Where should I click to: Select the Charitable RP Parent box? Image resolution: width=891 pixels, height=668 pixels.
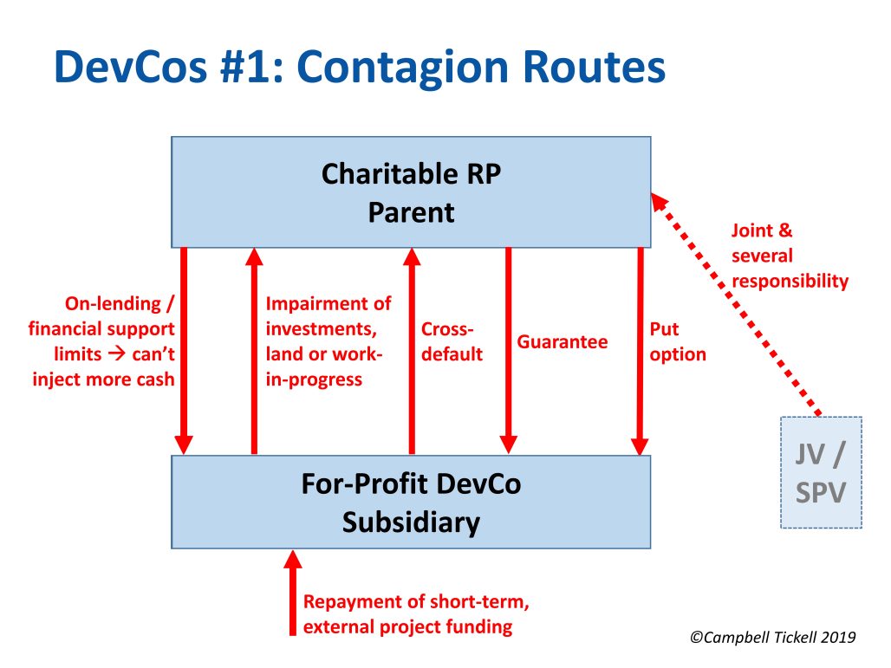(x=411, y=192)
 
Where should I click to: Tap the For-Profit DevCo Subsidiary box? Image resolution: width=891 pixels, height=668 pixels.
(x=411, y=503)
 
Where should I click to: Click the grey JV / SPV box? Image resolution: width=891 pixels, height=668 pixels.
(x=821, y=473)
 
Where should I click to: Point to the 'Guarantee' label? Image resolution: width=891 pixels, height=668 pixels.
(x=563, y=342)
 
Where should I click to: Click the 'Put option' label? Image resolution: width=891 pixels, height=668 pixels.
(x=678, y=342)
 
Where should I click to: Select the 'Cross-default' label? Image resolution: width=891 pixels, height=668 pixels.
(x=452, y=342)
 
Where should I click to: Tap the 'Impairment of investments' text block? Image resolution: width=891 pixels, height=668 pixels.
(x=328, y=341)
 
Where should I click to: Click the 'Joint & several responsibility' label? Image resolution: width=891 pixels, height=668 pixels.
(x=789, y=256)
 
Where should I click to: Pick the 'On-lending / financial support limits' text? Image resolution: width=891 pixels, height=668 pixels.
(x=102, y=341)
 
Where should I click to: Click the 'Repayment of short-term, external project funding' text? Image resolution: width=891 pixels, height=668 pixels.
(x=407, y=614)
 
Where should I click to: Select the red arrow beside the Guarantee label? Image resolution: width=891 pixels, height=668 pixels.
(x=508, y=351)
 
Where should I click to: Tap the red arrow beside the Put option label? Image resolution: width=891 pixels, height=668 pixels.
(x=640, y=351)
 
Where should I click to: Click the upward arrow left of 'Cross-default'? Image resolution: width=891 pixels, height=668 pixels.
(x=412, y=351)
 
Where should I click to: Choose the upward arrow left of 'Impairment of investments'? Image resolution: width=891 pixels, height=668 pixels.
(x=254, y=351)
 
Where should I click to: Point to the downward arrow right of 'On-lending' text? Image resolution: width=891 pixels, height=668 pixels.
(x=184, y=351)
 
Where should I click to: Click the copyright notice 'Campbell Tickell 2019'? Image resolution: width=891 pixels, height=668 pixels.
(x=773, y=638)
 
